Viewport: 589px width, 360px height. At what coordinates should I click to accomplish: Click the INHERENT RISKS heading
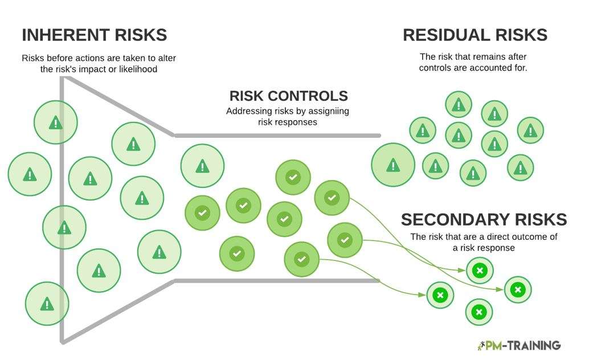[94, 35]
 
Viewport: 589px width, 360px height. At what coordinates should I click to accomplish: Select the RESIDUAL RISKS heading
[475, 35]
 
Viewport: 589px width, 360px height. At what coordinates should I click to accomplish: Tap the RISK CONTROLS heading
[288, 96]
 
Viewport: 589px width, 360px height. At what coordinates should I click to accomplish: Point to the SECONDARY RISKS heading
[484, 220]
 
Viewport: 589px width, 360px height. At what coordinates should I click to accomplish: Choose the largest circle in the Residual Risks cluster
[392, 165]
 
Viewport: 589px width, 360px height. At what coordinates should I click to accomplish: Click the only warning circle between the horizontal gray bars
[202, 166]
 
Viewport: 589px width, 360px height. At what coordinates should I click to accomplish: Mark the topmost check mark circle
[293, 177]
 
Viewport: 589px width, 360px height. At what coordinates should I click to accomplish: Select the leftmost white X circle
[440, 296]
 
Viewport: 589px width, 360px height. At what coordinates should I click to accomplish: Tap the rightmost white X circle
[517, 289]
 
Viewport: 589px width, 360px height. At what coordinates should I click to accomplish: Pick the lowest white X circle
[479, 312]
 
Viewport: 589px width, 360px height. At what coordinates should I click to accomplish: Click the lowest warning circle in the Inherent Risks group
[47, 304]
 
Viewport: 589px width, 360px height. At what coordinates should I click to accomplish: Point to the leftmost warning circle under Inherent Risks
[29, 174]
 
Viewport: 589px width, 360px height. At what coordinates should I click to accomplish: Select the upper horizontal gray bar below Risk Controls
[277, 136]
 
